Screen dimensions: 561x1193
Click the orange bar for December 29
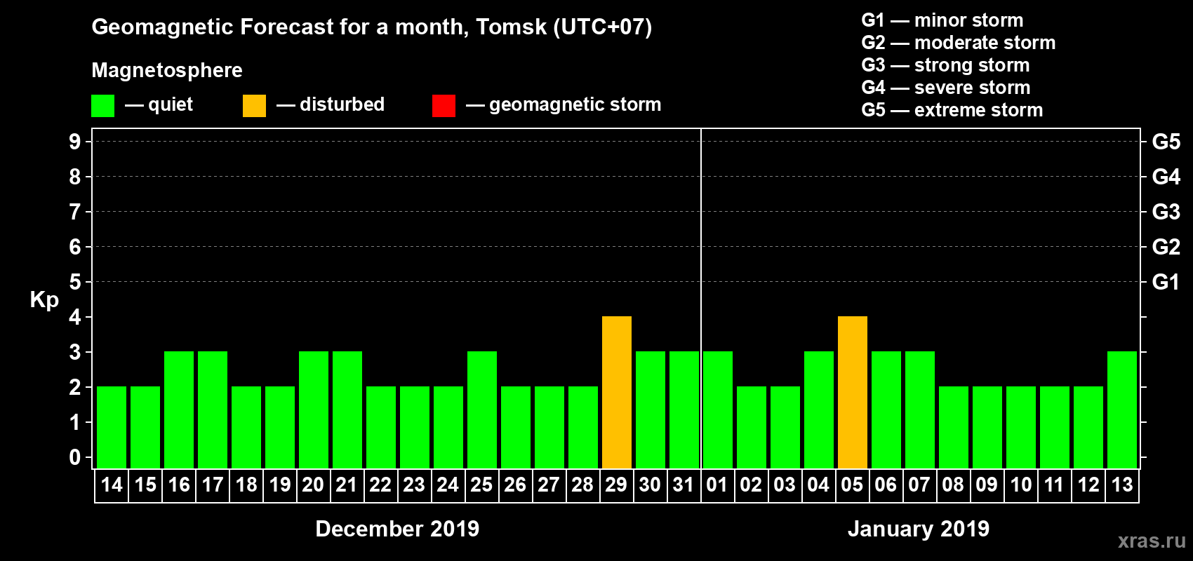617,392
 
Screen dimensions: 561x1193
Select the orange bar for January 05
853,392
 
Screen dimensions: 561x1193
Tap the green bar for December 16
179,410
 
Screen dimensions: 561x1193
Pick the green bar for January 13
1122,410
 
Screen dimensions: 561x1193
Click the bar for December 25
482,410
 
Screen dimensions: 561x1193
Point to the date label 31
684,485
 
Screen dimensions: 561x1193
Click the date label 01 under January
717,485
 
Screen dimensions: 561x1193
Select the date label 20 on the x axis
313,485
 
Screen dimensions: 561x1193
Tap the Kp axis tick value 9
75,142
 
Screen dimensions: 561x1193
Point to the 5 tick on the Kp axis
75,282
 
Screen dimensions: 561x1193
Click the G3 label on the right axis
1166,212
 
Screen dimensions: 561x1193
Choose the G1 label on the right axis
1166,282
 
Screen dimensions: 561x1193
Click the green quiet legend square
103,106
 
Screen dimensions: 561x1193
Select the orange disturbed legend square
255,106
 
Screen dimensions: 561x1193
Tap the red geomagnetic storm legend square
444,106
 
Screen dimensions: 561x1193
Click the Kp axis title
44,299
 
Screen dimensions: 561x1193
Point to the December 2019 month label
397,529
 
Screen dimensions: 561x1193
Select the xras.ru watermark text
1152,541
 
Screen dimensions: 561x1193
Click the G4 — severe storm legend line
945,88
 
